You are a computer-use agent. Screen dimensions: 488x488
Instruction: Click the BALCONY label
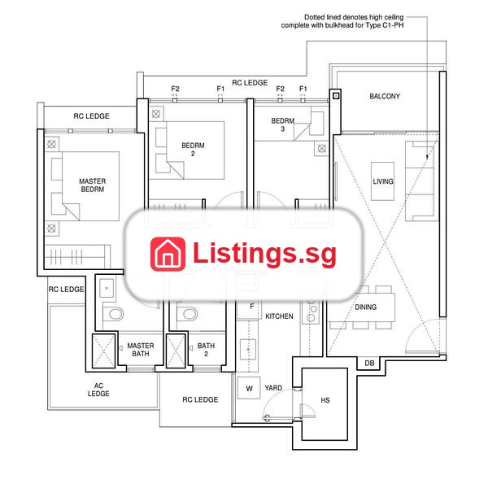click(x=385, y=96)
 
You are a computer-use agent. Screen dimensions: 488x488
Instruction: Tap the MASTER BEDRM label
click(x=93, y=185)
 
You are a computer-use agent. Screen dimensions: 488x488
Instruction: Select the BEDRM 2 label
click(x=193, y=150)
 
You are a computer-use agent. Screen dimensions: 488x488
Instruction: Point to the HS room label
click(x=325, y=400)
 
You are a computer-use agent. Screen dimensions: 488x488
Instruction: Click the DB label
click(x=369, y=364)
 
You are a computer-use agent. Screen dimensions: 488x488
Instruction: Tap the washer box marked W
click(x=249, y=388)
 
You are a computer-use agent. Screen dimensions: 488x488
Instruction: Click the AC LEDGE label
click(x=98, y=390)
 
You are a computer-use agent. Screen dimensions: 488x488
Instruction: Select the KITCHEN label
click(x=279, y=316)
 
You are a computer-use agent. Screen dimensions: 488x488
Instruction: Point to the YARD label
click(x=273, y=388)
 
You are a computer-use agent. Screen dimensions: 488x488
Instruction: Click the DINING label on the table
click(x=366, y=307)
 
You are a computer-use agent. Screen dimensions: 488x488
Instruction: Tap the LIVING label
click(x=383, y=181)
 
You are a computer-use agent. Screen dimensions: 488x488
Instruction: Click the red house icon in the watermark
click(x=168, y=254)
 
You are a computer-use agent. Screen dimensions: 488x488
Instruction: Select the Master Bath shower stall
click(x=103, y=351)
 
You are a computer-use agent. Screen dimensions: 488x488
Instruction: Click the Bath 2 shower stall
click(x=176, y=351)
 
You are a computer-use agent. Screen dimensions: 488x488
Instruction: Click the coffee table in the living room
click(x=382, y=181)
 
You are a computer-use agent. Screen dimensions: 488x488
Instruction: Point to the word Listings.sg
click(x=264, y=254)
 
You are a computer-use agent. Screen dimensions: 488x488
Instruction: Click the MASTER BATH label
click(x=141, y=350)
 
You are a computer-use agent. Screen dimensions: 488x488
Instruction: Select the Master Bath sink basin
click(x=107, y=288)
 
